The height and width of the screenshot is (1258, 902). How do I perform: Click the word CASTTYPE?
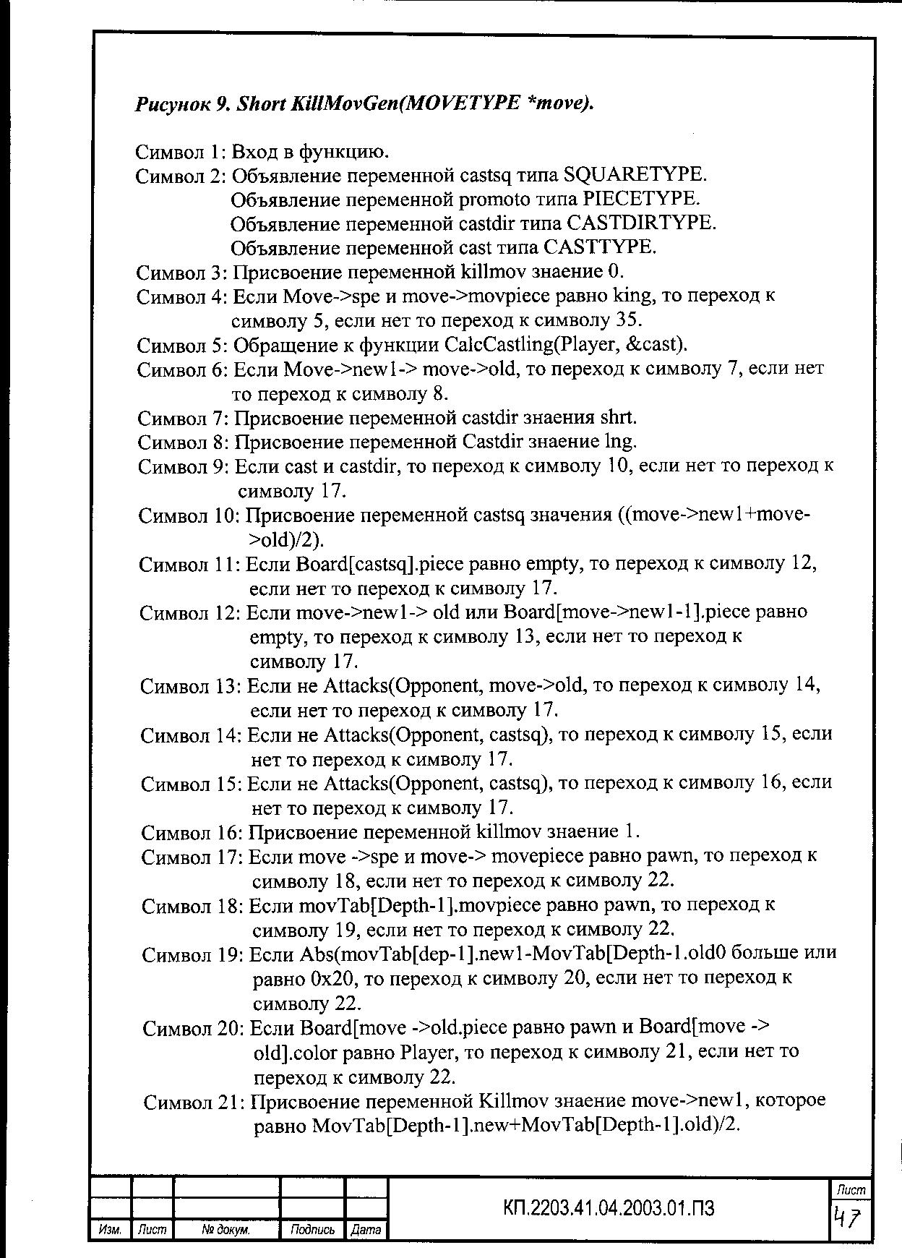click(x=600, y=247)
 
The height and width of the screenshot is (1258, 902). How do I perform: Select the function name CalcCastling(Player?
click(x=527, y=344)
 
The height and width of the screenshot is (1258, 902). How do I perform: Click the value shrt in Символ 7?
click(x=618, y=418)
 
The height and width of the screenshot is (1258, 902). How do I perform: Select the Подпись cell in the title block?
click(x=312, y=1229)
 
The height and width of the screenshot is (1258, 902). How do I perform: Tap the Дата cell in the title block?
click(x=366, y=1229)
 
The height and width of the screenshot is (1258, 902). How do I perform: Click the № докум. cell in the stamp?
click(x=226, y=1229)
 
